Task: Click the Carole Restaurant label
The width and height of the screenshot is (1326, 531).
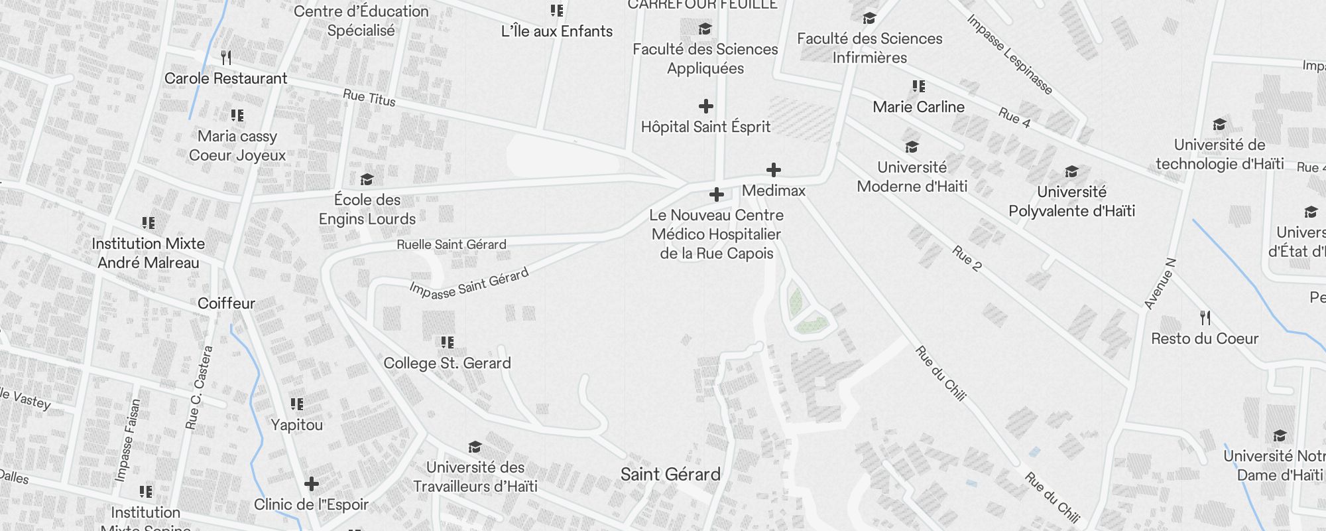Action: pos(225,78)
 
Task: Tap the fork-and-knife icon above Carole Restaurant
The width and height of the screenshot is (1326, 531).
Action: pos(226,58)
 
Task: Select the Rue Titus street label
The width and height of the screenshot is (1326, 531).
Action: pos(369,98)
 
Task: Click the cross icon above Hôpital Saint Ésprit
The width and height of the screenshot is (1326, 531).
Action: pos(706,106)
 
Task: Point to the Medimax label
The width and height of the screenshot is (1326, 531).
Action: pos(774,190)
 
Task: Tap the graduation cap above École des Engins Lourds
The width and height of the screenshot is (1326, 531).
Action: pos(367,179)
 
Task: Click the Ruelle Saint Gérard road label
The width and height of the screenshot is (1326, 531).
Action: pos(452,244)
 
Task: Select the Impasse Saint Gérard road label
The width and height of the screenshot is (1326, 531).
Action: pos(469,283)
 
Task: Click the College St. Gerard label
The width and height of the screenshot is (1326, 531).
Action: pos(448,363)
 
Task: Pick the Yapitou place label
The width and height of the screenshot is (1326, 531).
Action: pos(296,425)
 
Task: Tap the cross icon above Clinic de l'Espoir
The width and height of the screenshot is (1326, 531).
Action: pos(312,484)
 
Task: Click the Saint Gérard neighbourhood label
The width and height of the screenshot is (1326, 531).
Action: pos(670,475)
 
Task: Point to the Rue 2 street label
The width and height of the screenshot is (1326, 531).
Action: pos(967,258)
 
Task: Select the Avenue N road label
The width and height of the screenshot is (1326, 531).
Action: pos(1160,283)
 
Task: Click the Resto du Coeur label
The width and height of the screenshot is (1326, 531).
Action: pos(1205,339)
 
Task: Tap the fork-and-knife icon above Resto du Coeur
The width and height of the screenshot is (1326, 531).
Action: pos(1205,319)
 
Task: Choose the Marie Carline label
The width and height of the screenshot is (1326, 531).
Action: pos(918,107)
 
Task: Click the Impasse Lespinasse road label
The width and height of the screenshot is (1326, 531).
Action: pos(1009,54)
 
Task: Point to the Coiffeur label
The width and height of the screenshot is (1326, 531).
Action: pos(226,303)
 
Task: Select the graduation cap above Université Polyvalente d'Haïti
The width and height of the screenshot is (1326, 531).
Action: pos(1071,172)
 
